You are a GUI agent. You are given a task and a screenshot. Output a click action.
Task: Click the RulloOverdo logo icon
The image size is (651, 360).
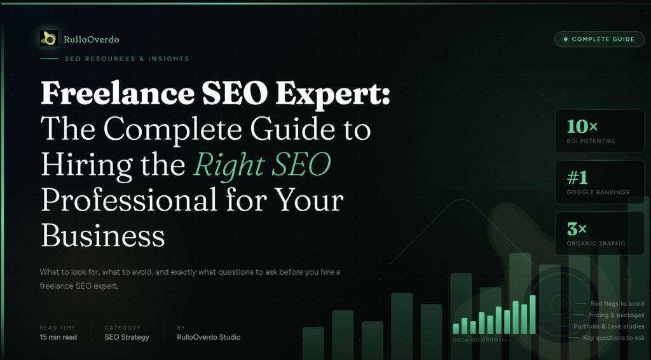click(x=48, y=39)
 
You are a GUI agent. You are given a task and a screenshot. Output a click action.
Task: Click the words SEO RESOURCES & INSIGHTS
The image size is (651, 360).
click(x=127, y=59)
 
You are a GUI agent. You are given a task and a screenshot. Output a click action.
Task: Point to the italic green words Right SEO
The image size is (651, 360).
click(x=263, y=165)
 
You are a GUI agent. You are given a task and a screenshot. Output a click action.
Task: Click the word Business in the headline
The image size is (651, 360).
click(x=103, y=236)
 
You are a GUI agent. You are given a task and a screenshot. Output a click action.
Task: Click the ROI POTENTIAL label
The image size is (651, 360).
click(x=591, y=141)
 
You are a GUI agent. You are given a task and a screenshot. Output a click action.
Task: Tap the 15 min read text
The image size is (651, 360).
click(x=58, y=337)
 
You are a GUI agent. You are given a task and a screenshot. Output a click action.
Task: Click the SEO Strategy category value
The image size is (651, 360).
click(x=127, y=337)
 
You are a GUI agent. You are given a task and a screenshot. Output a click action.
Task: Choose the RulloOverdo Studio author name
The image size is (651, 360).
click(x=209, y=337)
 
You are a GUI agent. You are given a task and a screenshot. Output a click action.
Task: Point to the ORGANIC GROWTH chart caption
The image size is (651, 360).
click(x=479, y=340)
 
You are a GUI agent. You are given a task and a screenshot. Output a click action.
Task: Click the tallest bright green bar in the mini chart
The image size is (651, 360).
click(x=533, y=314)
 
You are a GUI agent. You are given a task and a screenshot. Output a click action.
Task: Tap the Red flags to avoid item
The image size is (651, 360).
click(x=617, y=304)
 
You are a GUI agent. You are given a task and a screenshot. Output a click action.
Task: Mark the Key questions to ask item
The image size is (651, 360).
click(x=613, y=338)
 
